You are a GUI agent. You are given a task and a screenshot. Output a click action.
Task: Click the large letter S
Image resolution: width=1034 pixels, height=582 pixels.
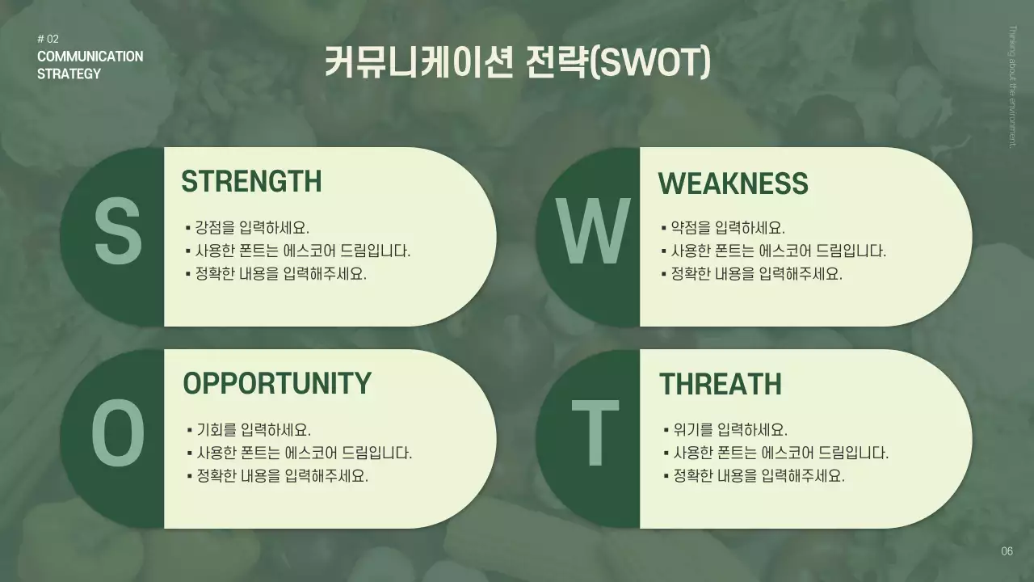(x=118, y=234)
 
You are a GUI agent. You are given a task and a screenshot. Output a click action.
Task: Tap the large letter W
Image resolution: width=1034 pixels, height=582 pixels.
(x=594, y=234)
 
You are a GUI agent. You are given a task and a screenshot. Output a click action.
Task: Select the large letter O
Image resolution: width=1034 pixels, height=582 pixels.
(x=118, y=436)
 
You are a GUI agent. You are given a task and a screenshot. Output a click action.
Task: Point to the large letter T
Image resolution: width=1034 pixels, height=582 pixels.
(x=595, y=436)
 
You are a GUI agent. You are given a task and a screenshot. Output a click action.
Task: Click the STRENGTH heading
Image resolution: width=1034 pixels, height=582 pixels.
(x=251, y=182)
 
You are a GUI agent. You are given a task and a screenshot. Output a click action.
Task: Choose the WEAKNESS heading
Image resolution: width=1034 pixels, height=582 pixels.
(x=733, y=184)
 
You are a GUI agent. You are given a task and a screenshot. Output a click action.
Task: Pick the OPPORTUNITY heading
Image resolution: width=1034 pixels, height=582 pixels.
(x=277, y=383)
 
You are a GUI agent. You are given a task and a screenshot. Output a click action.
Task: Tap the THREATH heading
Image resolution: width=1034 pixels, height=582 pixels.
(x=720, y=385)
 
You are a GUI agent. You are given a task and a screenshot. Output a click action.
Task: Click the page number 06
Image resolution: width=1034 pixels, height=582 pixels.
(x=1007, y=552)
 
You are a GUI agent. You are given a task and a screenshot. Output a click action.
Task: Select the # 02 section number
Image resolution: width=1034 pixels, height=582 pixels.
(x=48, y=39)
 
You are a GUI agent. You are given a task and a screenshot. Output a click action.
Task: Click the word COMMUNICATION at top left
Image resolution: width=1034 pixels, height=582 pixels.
(x=90, y=57)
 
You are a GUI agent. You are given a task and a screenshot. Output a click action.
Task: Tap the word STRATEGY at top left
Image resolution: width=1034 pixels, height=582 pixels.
(x=69, y=74)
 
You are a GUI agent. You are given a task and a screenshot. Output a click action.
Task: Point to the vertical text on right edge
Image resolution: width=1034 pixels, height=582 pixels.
(x=1012, y=86)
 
